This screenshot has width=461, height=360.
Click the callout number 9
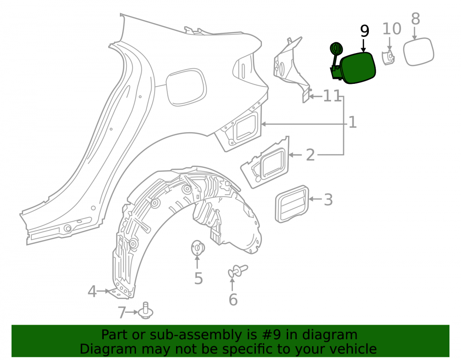tap(364, 31)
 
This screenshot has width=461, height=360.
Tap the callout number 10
tap(391, 29)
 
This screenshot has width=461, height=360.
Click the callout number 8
tap(415, 19)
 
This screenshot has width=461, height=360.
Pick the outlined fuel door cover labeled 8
tap(419, 52)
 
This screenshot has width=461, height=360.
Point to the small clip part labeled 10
tap(388, 57)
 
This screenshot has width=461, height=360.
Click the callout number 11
tap(332, 96)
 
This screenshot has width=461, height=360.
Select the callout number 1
tap(353, 122)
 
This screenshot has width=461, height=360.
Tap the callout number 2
tap(310, 155)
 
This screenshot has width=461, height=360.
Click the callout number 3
tap(328, 200)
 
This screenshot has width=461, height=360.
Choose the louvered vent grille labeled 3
tap(292, 204)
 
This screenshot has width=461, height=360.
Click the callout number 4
tap(92, 291)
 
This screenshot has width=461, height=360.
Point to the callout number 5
tap(198, 278)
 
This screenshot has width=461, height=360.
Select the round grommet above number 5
tap(198, 248)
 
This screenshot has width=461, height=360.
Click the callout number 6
tap(233, 300)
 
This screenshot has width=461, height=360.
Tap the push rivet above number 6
tap(238, 271)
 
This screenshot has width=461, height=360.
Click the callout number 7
tap(122, 313)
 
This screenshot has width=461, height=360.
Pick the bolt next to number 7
tap(146, 311)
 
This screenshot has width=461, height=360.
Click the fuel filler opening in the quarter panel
tap(186, 87)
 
